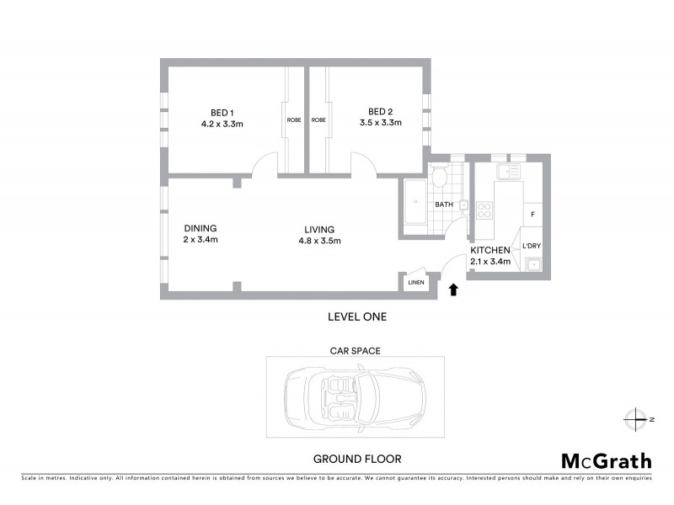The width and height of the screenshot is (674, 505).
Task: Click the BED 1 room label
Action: click(x=222, y=112)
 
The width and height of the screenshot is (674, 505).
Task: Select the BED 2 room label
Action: click(x=380, y=112)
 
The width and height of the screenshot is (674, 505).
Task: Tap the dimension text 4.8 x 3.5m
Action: click(x=319, y=241)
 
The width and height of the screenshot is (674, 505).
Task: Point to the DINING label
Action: click(x=201, y=227)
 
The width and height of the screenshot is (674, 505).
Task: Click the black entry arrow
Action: click(x=453, y=290)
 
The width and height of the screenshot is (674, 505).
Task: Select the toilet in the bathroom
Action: click(x=439, y=178)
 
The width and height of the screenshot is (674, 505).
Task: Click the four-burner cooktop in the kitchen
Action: click(x=484, y=210)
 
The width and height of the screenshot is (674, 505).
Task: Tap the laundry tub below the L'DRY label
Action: click(x=532, y=267)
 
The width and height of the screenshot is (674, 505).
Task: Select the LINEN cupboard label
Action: click(x=415, y=283)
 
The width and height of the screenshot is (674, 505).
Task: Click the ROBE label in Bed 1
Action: click(x=294, y=120)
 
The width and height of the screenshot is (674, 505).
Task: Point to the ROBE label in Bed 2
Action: click(x=318, y=120)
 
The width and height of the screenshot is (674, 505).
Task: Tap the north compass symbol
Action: click(x=634, y=417)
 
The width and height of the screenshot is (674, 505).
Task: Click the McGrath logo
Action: click(x=606, y=460)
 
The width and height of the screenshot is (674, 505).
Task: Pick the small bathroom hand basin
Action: click(x=463, y=203)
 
